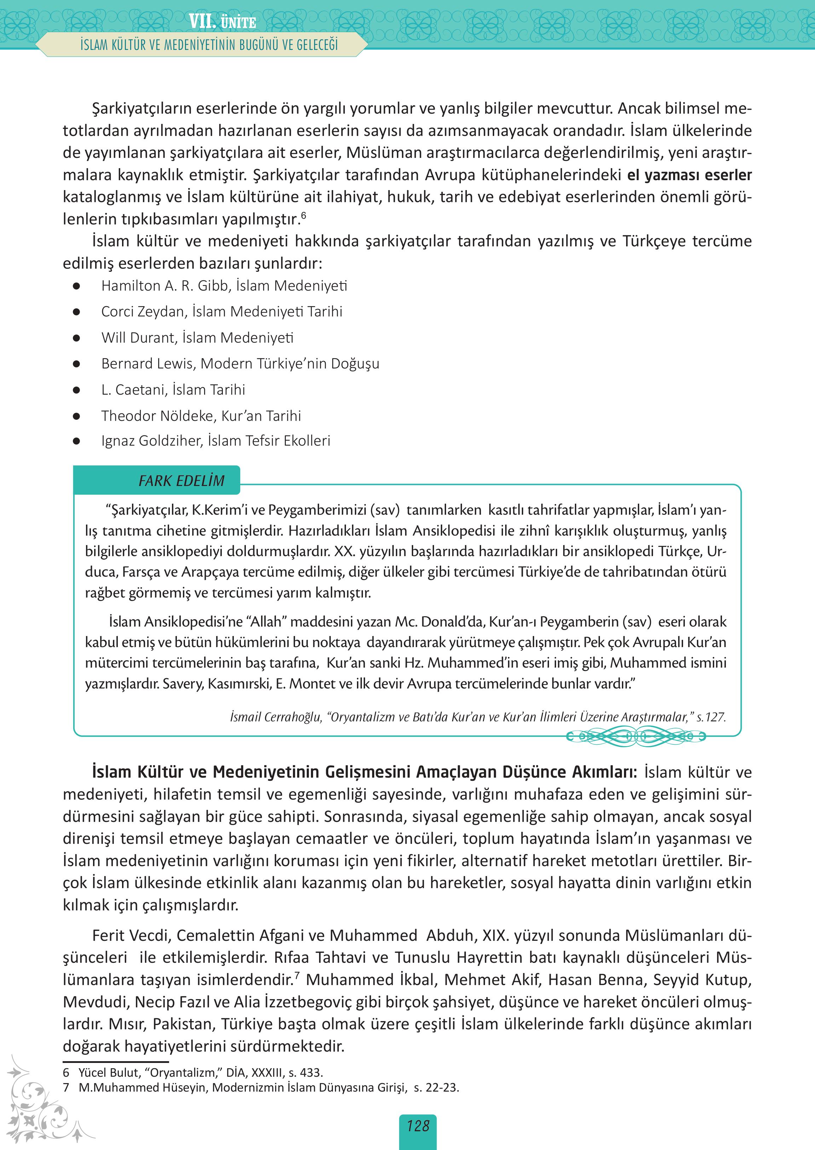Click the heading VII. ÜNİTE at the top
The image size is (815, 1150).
tap(222, 22)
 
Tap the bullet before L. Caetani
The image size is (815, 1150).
tap(76, 390)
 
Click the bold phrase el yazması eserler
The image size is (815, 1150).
tap(689, 175)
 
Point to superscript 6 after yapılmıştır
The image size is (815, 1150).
tap(303, 215)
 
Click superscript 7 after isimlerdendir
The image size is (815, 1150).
tap(297, 975)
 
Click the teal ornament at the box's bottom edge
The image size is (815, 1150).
tap(636, 737)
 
